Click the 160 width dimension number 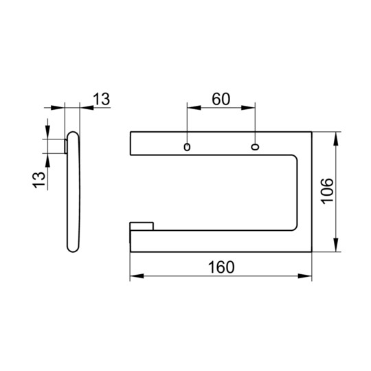(x=221, y=267)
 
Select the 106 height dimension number (x=328, y=192)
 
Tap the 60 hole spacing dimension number (x=221, y=99)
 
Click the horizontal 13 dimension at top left (x=102, y=99)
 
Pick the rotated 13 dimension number (x=38, y=180)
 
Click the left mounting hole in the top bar (x=187, y=147)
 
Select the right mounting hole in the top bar (x=255, y=147)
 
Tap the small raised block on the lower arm (x=142, y=226)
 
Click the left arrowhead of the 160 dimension (x=137, y=276)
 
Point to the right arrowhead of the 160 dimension (x=305, y=276)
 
